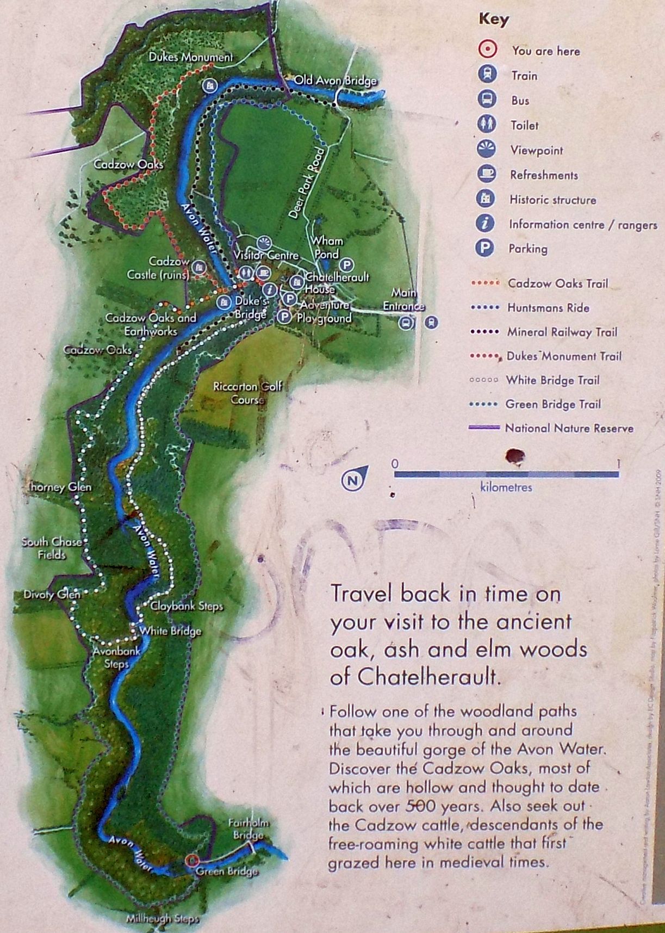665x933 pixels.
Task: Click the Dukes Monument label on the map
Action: click(x=190, y=57)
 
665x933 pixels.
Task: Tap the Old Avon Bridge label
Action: click(x=335, y=81)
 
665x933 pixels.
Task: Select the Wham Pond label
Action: click(x=327, y=247)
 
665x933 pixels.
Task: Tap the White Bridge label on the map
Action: click(x=170, y=631)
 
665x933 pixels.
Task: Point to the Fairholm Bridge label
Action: click(x=248, y=830)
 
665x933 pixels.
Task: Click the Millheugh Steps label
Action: click(x=163, y=919)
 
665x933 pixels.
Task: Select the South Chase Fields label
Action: click(x=52, y=548)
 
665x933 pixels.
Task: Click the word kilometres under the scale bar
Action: click(x=506, y=487)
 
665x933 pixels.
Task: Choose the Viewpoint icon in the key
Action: click(x=487, y=149)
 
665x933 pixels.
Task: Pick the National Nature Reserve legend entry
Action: click(x=569, y=428)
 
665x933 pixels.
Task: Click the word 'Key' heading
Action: click(x=493, y=19)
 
